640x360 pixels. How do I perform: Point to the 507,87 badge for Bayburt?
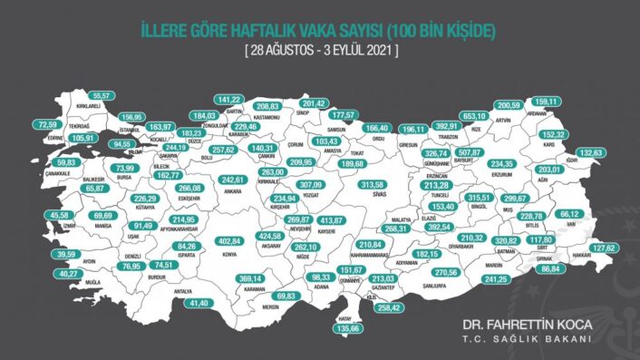pos(468,152)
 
